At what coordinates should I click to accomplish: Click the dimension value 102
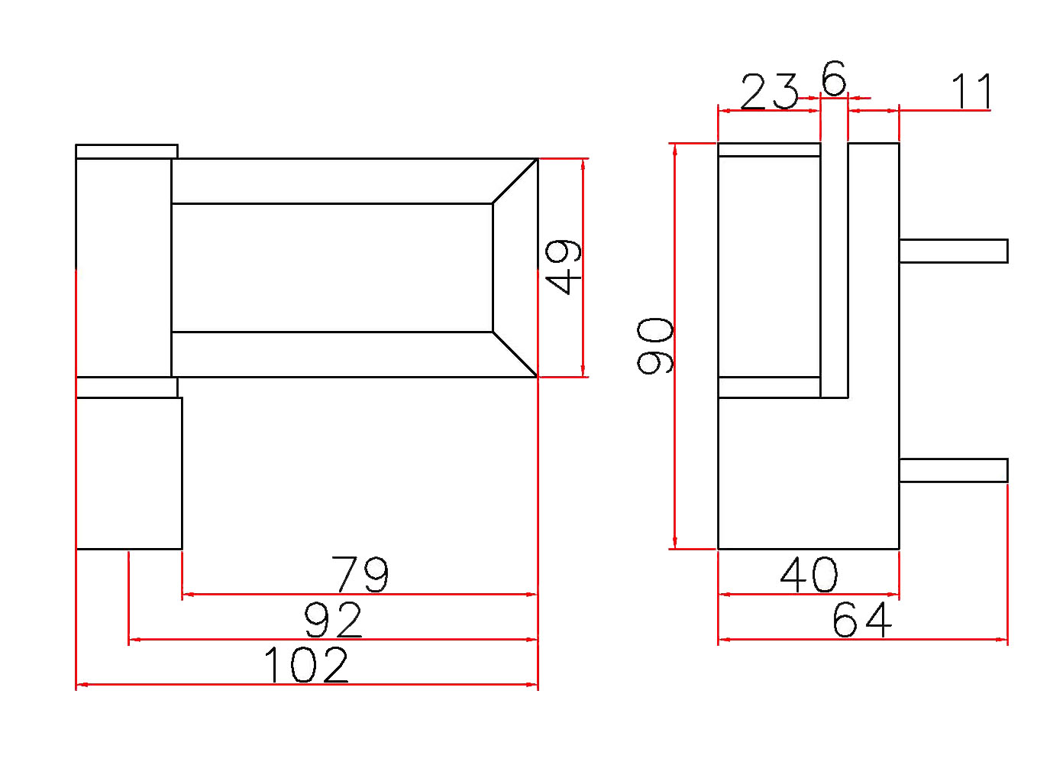point(305,665)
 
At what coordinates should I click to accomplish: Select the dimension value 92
point(333,620)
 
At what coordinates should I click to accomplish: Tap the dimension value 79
point(360,574)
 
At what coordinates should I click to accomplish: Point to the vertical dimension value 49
point(564,267)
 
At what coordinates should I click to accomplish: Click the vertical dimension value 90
point(655,345)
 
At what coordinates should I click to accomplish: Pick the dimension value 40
point(809,576)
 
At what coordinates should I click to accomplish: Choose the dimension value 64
point(861,620)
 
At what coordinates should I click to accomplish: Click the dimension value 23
point(769,92)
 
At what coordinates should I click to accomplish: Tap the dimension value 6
point(834,78)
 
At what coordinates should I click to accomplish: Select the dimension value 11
point(972,92)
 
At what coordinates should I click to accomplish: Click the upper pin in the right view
point(953,251)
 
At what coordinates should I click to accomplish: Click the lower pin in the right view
point(953,470)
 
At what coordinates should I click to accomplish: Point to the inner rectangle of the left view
point(332,268)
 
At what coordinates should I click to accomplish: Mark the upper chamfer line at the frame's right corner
point(515,181)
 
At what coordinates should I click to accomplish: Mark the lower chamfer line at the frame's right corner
point(515,355)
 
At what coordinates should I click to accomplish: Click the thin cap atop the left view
point(127,151)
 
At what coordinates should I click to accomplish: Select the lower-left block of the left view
point(128,472)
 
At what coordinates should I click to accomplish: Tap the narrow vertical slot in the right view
point(834,268)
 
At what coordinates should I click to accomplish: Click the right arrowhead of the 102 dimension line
point(532,684)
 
